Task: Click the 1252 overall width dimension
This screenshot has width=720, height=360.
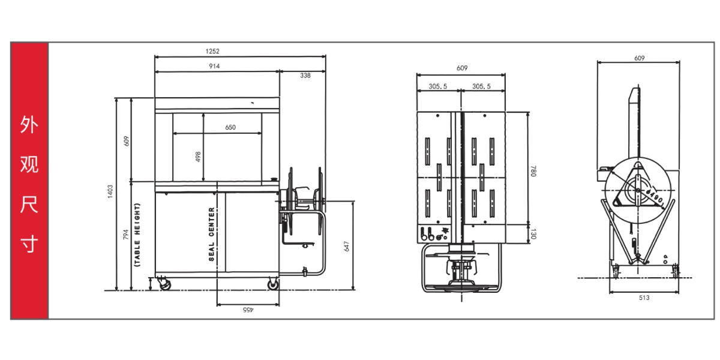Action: [x=212, y=51]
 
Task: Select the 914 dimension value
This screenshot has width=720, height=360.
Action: [x=214, y=66]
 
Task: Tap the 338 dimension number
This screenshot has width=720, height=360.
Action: [x=305, y=76]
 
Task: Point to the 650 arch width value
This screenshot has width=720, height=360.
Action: [x=230, y=127]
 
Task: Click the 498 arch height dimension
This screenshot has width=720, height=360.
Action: [x=198, y=157]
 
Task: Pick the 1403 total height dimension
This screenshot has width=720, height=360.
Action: [x=110, y=191]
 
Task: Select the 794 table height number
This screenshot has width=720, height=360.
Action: [x=125, y=235]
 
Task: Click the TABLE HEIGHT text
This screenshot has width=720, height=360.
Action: [x=137, y=235]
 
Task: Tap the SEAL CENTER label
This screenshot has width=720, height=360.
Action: [x=211, y=234]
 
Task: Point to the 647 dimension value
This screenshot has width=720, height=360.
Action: [x=346, y=246]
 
